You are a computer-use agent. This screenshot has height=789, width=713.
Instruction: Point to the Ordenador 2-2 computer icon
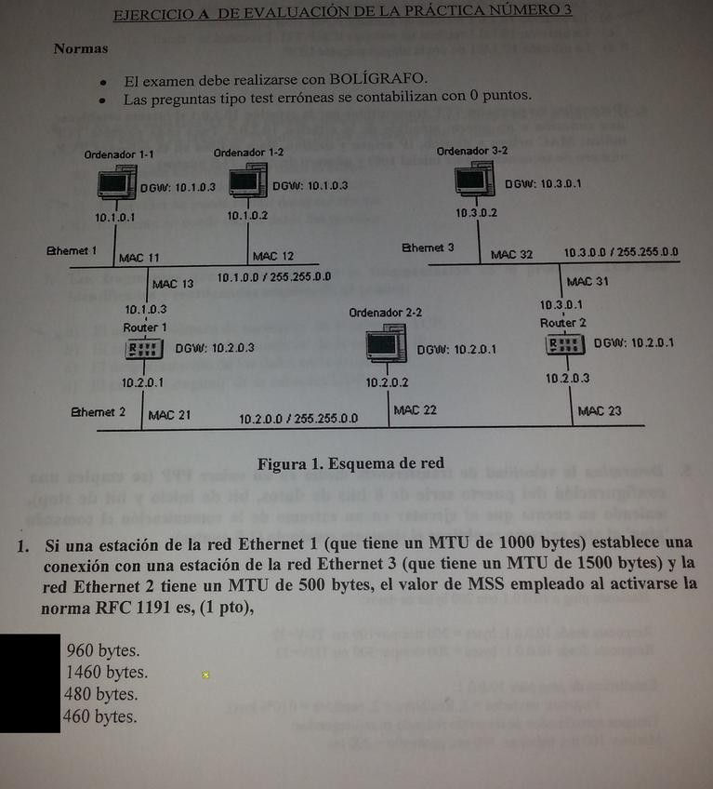coord(386,346)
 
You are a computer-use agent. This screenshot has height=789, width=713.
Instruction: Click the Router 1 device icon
coord(144,350)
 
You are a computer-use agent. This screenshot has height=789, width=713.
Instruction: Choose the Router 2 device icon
coord(566,344)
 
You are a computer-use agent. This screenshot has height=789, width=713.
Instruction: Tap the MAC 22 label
coord(415,409)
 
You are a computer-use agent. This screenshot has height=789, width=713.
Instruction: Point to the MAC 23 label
coord(600,410)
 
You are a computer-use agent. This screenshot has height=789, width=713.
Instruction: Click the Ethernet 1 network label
coord(72,251)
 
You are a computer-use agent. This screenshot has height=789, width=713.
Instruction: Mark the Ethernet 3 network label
coord(428,248)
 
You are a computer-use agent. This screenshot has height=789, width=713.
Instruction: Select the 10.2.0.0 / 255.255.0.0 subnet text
coord(297,419)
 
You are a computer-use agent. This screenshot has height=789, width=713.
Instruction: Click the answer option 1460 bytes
coord(106,673)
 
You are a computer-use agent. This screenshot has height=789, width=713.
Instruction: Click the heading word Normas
coord(80,48)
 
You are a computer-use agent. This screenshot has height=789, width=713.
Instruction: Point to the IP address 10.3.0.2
coord(477,213)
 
